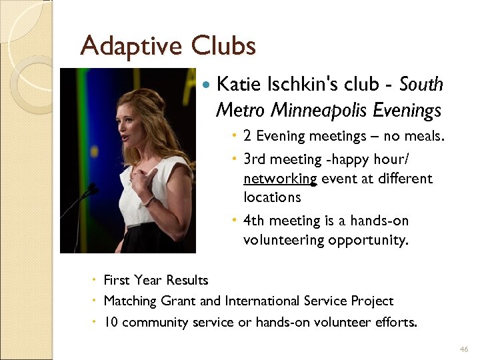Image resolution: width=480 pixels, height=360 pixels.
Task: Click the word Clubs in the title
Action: coord(223,46)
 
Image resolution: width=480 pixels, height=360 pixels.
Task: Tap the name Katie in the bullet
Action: coord(239,85)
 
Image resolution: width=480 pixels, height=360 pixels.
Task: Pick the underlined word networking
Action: coord(280,179)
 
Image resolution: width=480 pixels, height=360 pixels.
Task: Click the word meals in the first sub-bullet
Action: coord(424,136)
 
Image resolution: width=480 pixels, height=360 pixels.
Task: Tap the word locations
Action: coord(272,197)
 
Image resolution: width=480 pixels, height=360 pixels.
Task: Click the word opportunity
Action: coord(367,239)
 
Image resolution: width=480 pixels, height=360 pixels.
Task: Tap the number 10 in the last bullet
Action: coord(111,322)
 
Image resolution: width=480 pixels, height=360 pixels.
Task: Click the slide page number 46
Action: coord(464,349)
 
